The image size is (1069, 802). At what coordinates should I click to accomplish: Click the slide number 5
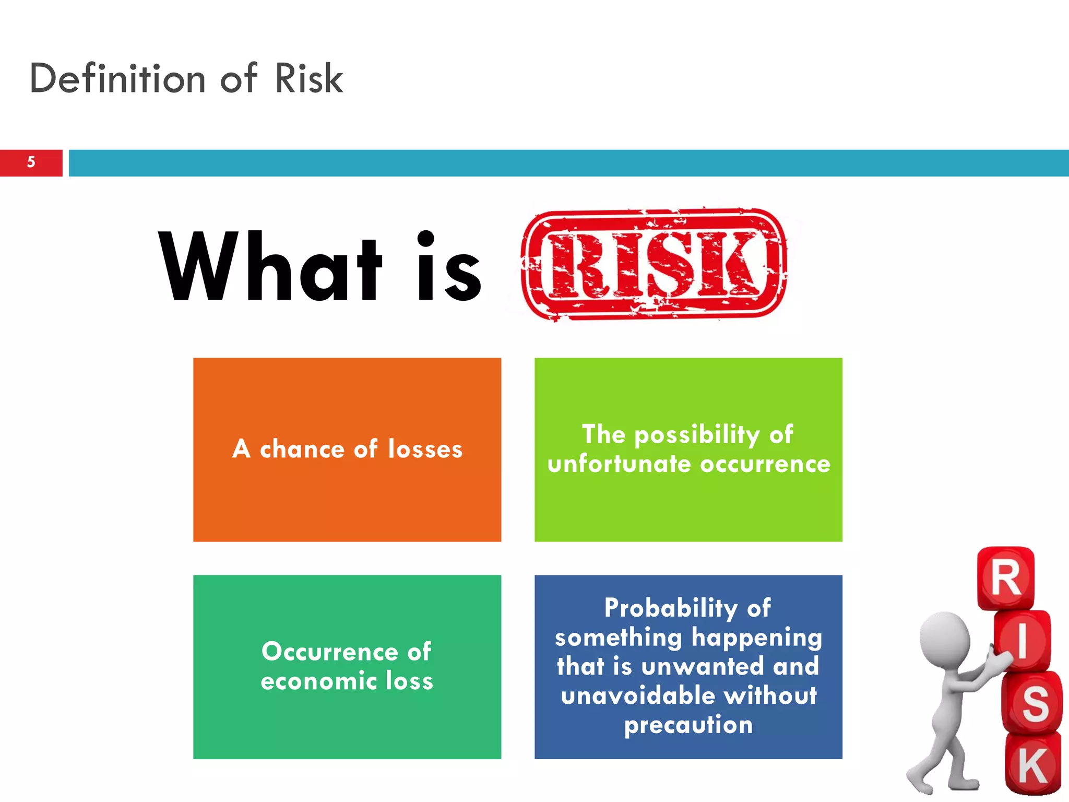pos(31,162)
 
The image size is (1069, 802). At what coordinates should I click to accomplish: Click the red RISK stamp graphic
pos(654,264)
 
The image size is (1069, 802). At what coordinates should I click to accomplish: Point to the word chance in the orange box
pos(302,450)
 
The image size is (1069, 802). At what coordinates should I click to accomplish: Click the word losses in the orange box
pos(425,450)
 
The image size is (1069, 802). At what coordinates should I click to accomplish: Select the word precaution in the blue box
pos(688,725)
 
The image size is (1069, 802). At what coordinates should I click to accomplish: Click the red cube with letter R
pos(1005,578)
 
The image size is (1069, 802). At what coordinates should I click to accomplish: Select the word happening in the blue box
pos(756,638)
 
